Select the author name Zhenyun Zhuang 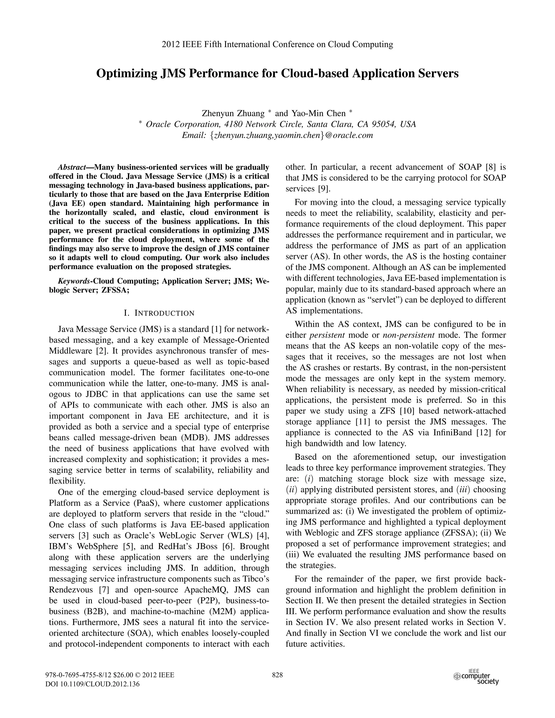233,114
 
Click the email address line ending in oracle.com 277,135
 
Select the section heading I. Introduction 159,313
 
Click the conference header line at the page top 277,44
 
